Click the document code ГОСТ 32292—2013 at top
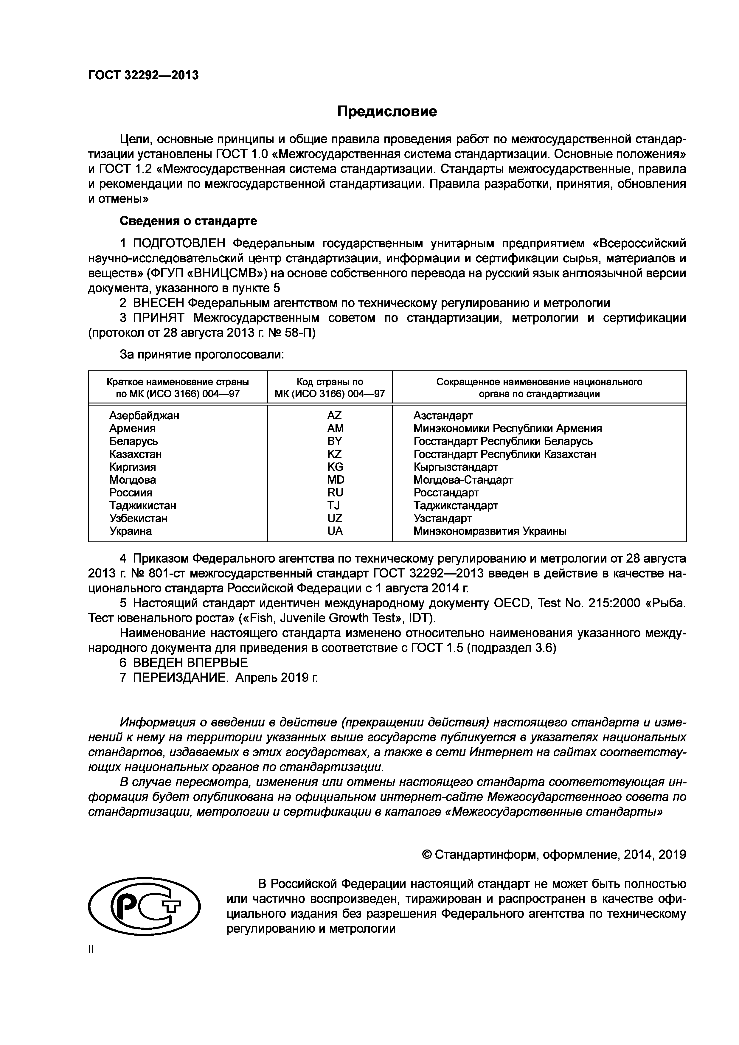143,75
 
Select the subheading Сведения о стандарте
188,221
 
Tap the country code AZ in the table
334,415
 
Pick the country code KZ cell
334,454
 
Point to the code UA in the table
335,531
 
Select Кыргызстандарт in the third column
456,467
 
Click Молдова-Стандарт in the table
463,480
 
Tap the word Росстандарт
446,493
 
